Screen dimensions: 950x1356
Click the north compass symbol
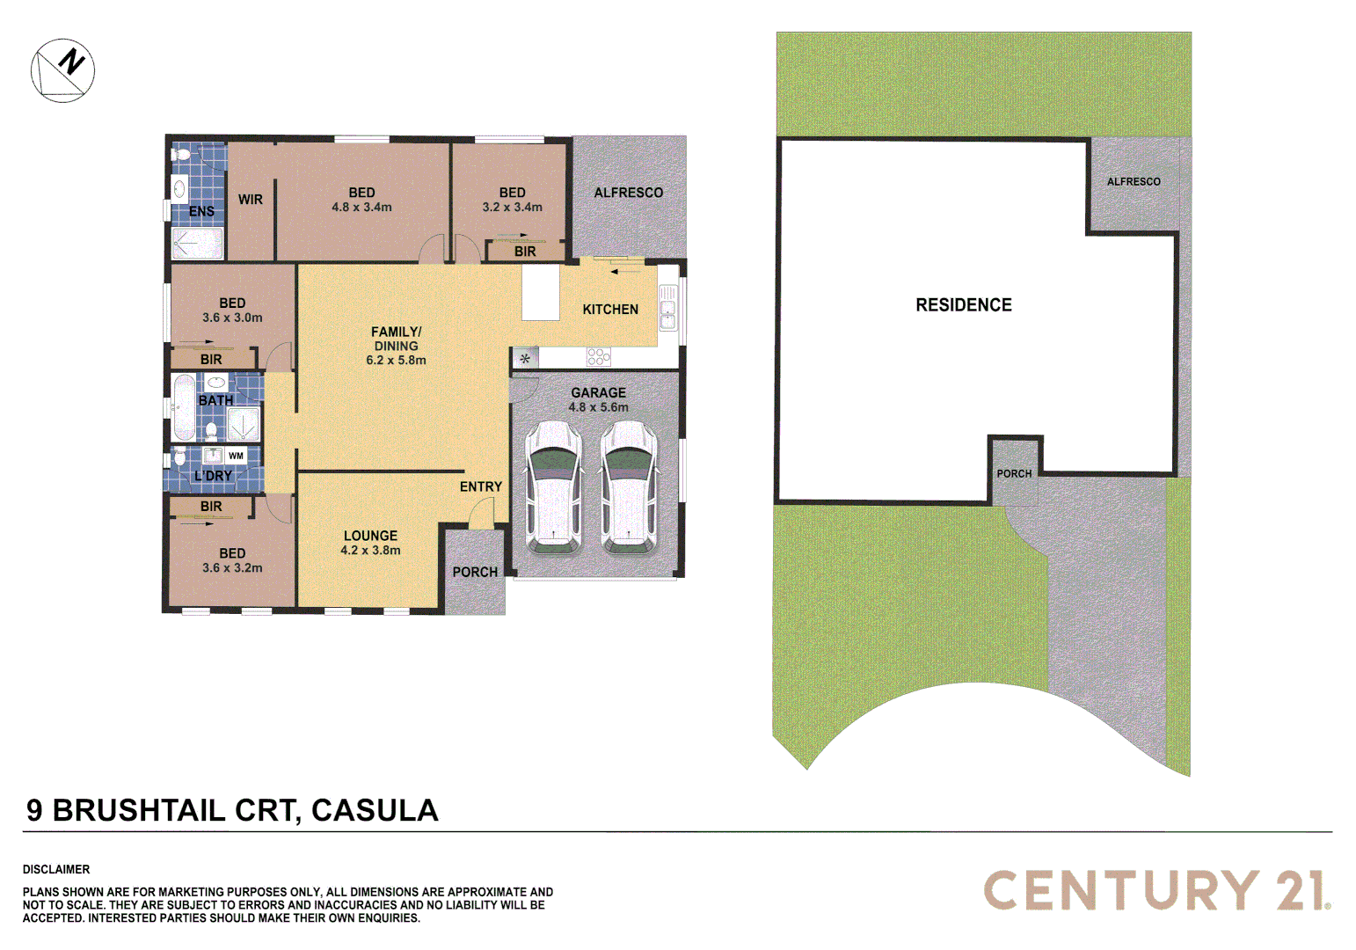coord(63,69)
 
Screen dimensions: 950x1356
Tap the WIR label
coord(251,200)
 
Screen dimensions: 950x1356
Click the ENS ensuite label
coord(201,211)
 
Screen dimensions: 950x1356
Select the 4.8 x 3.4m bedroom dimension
coord(361,208)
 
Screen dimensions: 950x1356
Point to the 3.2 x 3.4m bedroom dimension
coord(512,208)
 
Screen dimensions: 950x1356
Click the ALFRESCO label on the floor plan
coord(628,193)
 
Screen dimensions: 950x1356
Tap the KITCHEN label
coord(610,310)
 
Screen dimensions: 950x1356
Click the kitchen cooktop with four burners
coord(599,357)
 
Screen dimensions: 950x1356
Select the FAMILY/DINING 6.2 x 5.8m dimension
coord(396,360)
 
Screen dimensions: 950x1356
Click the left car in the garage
coord(553,487)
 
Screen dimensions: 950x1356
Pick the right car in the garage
coord(629,487)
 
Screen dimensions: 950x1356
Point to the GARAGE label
coord(598,392)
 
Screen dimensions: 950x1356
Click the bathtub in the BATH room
coord(184,407)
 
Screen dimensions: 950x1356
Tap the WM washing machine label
coord(236,456)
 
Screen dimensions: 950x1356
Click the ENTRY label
coord(480,486)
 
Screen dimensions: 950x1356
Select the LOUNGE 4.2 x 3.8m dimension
coord(370,551)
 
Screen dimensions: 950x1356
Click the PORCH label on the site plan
coord(1014,473)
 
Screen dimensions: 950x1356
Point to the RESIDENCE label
coord(964,305)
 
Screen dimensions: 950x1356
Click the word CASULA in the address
coord(375,810)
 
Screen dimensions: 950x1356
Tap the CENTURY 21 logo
coord(1156,890)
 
